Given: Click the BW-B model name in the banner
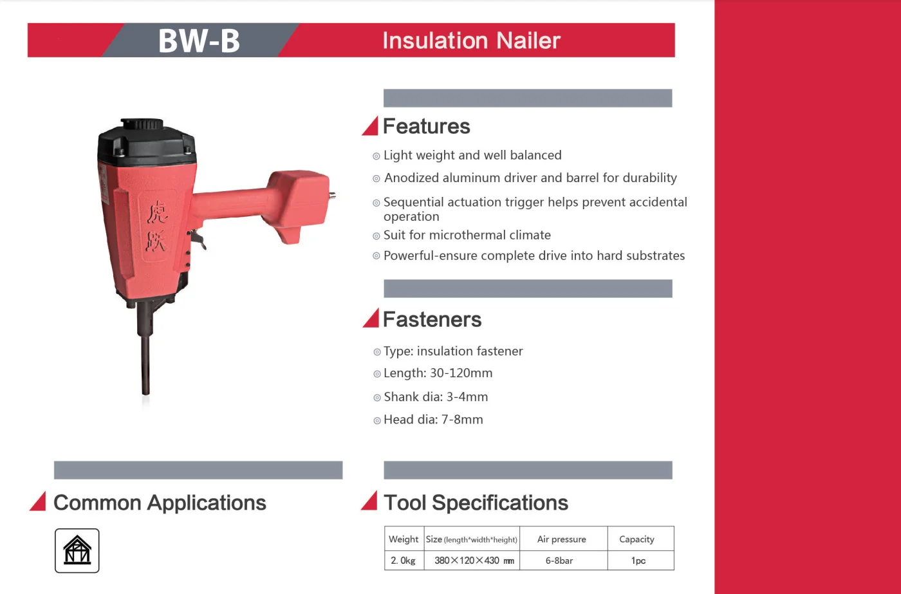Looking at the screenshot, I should pyautogui.click(x=199, y=41).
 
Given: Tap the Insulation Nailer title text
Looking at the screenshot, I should pyautogui.click(x=471, y=41).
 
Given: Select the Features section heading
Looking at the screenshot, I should pyautogui.click(x=426, y=126).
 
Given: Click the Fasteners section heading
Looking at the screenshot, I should pyautogui.click(x=432, y=319).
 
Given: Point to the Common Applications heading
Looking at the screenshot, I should pyautogui.click(x=160, y=503).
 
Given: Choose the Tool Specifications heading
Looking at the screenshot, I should pyautogui.click(x=476, y=503).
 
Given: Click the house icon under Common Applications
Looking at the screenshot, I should pyautogui.click(x=77, y=550).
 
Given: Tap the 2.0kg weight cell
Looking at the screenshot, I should pyautogui.click(x=404, y=561).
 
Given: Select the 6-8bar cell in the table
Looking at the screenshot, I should pyautogui.click(x=559, y=561).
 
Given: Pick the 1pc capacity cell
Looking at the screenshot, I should pyautogui.click(x=638, y=561).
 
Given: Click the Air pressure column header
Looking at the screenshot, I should pyautogui.click(x=561, y=539).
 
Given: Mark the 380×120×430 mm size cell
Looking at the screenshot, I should pyautogui.click(x=474, y=561).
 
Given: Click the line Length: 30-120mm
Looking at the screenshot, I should pyautogui.click(x=438, y=373).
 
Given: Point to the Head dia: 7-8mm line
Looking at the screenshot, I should pyautogui.click(x=433, y=420).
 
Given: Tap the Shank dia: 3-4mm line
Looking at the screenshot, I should pyautogui.click(x=436, y=397).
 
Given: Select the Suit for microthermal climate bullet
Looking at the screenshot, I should pyautogui.click(x=467, y=235).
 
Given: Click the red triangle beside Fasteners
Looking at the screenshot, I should pyautogui.click(x=371, y=319).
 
